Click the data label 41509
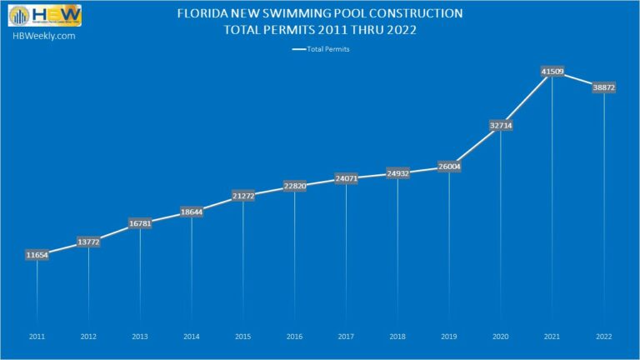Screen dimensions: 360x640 [552, 72]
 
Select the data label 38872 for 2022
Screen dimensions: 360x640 [604, 87]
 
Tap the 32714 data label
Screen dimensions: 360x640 [501, 125]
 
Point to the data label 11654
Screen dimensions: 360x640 [37, 255]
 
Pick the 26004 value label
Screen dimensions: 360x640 [449, 167]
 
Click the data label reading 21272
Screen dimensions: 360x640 [243, 196]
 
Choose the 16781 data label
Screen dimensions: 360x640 [140, 223]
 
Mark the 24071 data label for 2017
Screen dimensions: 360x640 [347, 178]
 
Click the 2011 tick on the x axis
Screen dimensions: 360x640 [37, 337]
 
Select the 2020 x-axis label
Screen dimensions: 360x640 [501, 337]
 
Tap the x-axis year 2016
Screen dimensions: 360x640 [295, 337]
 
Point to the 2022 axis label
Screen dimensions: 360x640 [604, 337]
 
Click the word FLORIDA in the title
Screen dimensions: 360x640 [204, 14]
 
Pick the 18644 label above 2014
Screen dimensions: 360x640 [192, 212]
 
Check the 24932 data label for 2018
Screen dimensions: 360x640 [397, 173]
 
